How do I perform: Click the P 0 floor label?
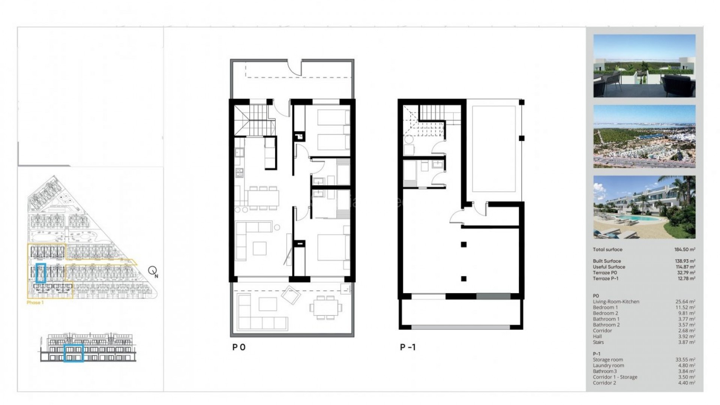click(239, 347)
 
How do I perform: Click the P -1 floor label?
click(408, 347)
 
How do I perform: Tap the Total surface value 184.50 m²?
click(684, 249)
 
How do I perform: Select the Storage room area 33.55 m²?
click(685, 360)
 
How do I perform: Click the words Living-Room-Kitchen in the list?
click(616, 301)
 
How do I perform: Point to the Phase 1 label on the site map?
click(35, 302)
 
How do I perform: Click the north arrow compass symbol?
click(153, 271)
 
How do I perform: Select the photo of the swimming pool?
click(644, 207)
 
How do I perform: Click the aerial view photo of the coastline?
click(644, 136)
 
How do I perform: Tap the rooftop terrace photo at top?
click(644, 66)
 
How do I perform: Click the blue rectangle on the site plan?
click(40, 273)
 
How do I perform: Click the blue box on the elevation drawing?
click(73, 353)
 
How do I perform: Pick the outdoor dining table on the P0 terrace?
click(325, 307)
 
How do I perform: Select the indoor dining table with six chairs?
click(263, 198)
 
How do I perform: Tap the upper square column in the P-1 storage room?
click(463, 244)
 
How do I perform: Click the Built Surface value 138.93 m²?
click(684, 261)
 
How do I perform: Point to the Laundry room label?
click(608, 365)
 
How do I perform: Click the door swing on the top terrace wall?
click(295, 67)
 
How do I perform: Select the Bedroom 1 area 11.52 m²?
click(685, 307)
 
